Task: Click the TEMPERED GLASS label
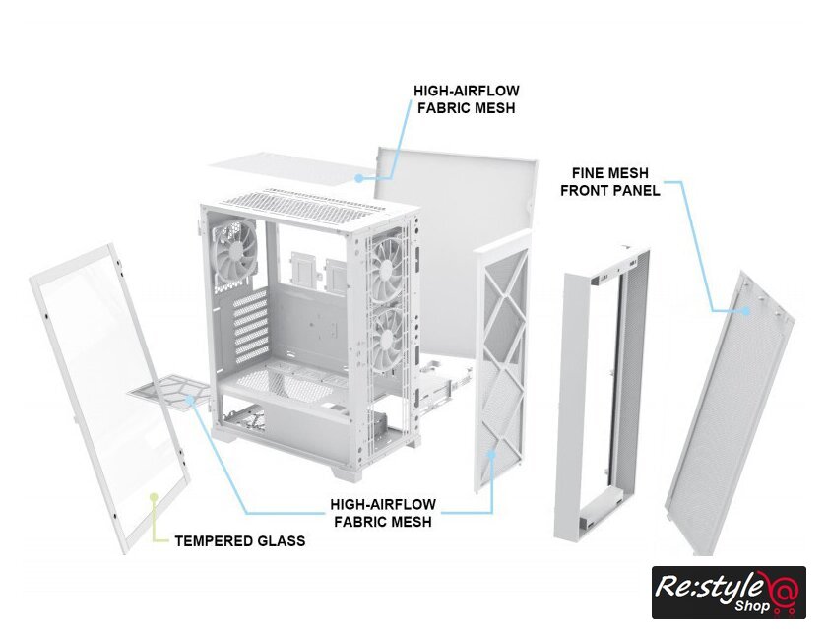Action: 240,541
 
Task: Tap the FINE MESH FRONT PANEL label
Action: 610,182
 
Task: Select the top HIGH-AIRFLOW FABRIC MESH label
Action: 467,99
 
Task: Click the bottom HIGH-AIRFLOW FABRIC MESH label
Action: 383,513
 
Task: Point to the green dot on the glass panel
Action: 154,497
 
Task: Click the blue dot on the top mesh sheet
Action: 358,178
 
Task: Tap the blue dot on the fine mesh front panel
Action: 745,310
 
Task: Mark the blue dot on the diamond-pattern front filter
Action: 492,453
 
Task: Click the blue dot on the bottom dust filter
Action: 191,399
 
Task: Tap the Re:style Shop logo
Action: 729,593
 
